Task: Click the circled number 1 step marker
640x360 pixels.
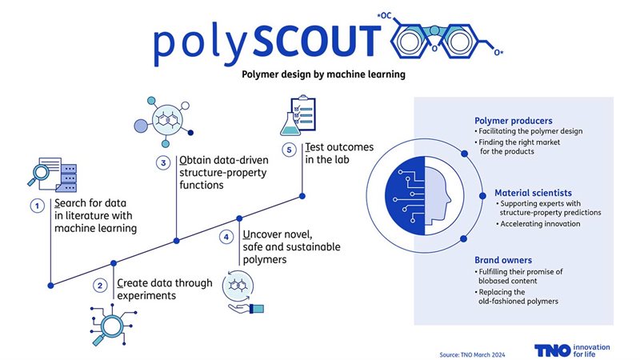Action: (x=37, y=206)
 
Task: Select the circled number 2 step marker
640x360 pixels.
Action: (x=100, y=285)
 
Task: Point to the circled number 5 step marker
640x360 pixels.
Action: (x=290, y=150)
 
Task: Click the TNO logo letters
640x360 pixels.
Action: (x=553, y=350)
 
